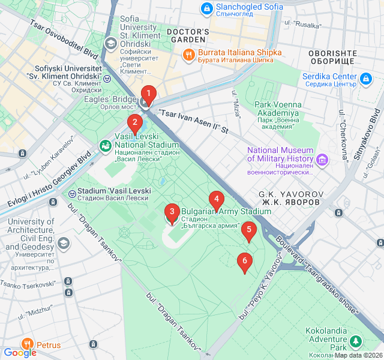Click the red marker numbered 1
click(x=148, y=94)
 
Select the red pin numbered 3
click(x=172, y=212)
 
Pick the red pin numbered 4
click(x=216, y=199)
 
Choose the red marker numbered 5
click(x=248, y=230)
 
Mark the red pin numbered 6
click(x=244, y=261)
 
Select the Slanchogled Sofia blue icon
click(x=207, y=8)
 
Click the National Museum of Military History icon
click(x=323, y=159)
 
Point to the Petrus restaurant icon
click(x=27, y=344)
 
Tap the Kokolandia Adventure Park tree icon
click(x=356, y=341)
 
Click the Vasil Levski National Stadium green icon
click(x=106, y=146)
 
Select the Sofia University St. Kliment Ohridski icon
click(x=110, y=43)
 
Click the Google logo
click(x=20, y=353)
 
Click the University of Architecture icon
click(x=63, y=242)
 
